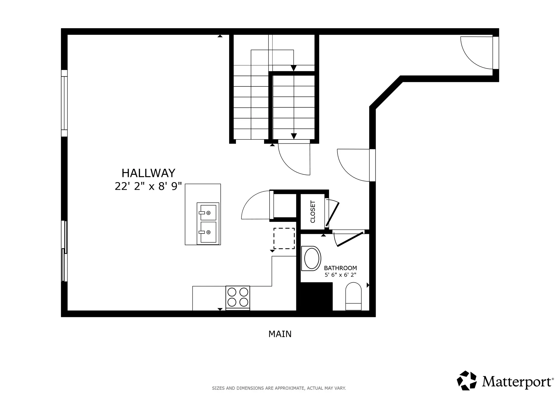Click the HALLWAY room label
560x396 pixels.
click(x=148, y=173)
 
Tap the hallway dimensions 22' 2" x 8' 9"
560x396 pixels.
click(x=148, y=187)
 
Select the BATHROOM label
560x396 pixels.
click(x=340, y=268)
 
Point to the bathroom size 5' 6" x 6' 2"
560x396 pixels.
click(x=340, y=275)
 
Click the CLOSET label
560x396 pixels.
click(x=313, y=212)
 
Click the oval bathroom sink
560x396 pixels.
click(x=311, y=258)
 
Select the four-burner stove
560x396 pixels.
click(x=238, y=297)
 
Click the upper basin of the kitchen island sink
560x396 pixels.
click(x=208, y=212)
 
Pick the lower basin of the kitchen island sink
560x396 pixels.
click(x=208, y=232)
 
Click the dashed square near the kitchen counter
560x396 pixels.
click(x=284, y=238)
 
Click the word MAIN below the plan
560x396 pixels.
click(x=280, y=334)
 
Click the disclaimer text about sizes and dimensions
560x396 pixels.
click(x=279, y=388)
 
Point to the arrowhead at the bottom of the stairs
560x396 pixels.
click(x=294, y=136)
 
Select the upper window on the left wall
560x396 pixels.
click(x=64, y=103)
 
